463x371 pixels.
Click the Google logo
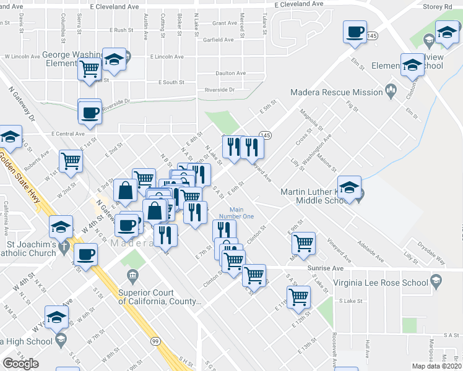20,363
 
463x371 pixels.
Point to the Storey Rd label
439,7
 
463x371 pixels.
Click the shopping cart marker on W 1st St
71,161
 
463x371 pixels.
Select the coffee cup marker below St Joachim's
85,254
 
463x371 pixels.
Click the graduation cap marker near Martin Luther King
349,187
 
